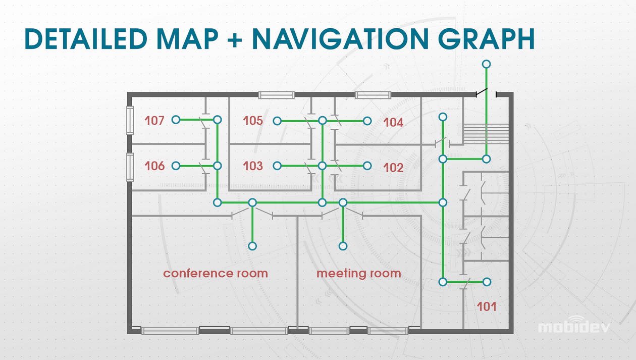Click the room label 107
(x=155, y=121)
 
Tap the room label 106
(x=155, y=166)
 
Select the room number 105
(x=253, y=121)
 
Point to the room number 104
(x=393, y=122)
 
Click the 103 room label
(x=253, y=166)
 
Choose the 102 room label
(x=393, y=168)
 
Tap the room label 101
(x=487, y=306)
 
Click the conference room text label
(x=215, y=274)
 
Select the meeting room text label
(x=358, y=274)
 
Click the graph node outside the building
(x=486, y=64)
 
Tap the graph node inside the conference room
(x=252, y=246)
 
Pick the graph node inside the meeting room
(x=343, y=246)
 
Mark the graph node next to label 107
(x=176, y=120)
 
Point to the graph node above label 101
(x=487, y=282)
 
